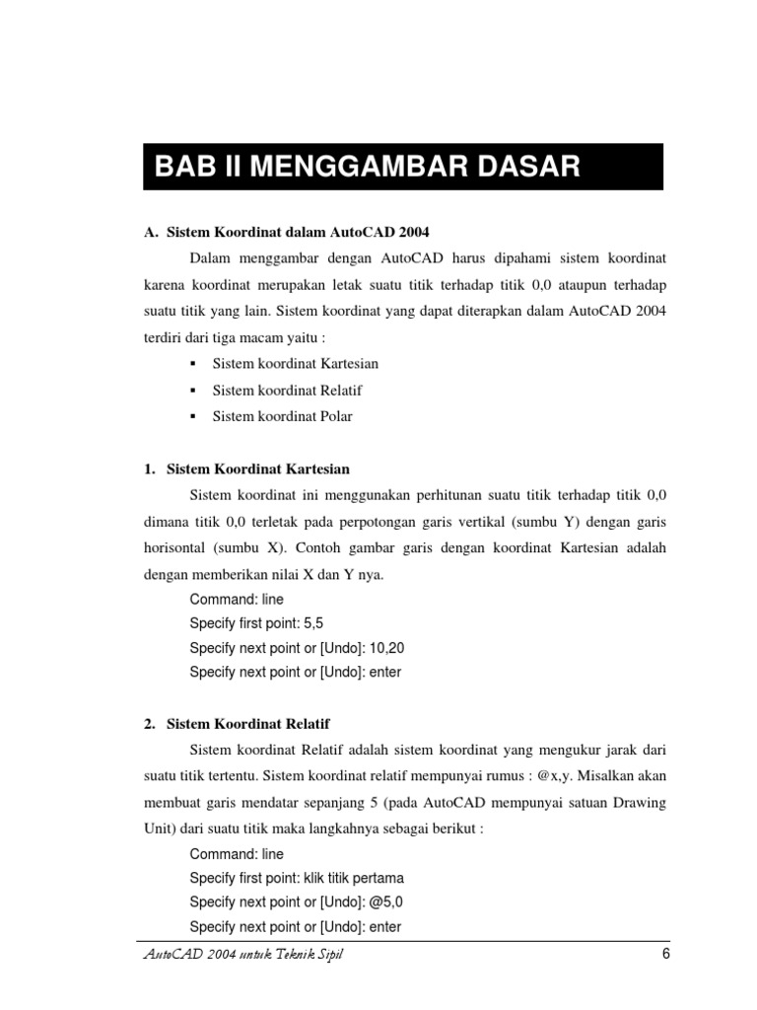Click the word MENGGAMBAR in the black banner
click(351, 166)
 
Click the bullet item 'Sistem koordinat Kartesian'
click(296, 364)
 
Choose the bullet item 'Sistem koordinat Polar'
click(282, 416)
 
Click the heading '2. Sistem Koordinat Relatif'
click(237, 724)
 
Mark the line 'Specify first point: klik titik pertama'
click(297, 878)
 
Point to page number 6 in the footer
click(665, 954)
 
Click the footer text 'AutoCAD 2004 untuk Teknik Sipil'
click(244, 956)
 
